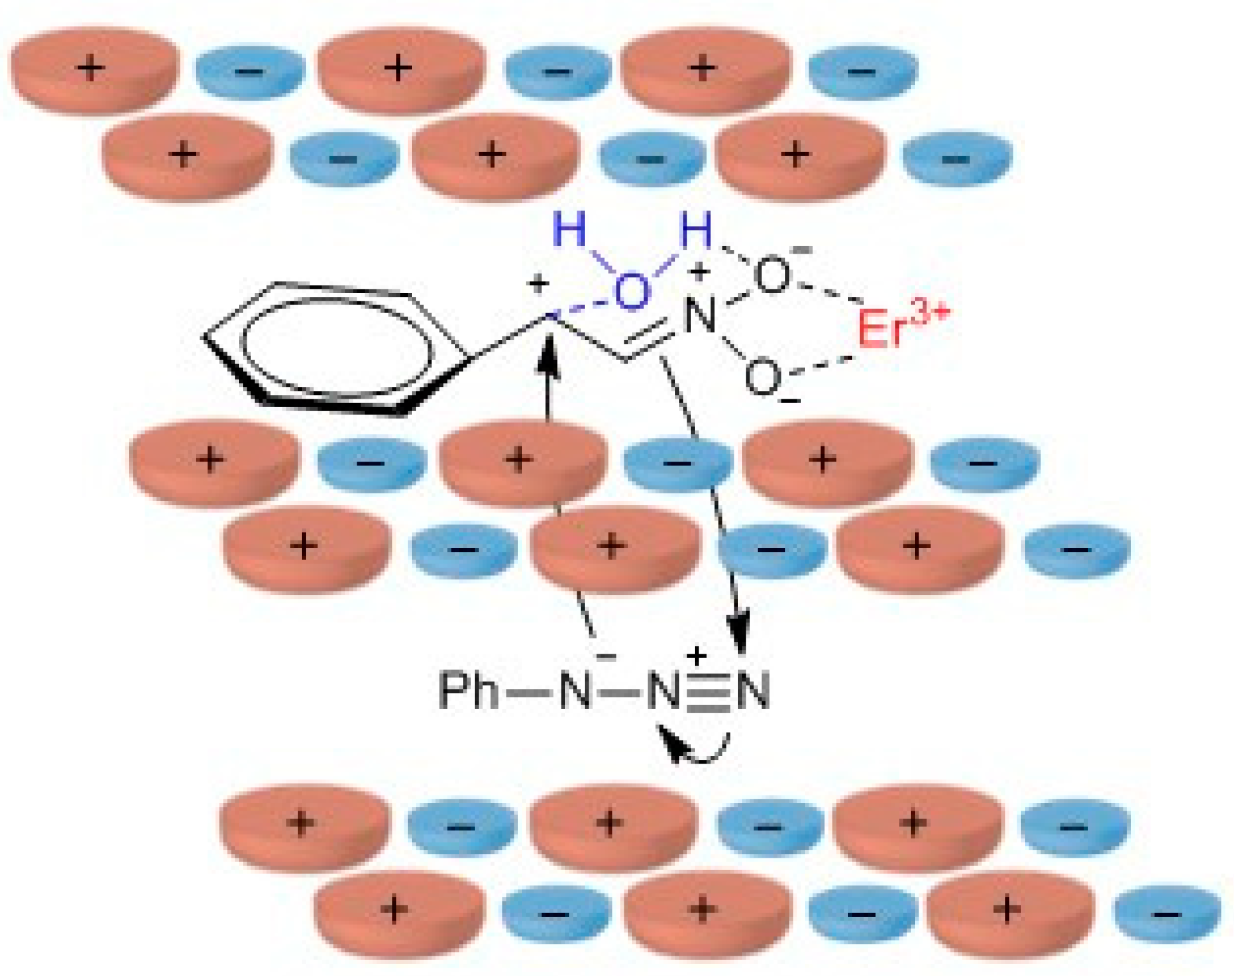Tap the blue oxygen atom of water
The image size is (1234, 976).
point(631,293)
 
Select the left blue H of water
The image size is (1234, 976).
point(570,230)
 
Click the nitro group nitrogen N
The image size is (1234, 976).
point(700,315)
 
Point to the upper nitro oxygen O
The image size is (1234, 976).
point(772,275)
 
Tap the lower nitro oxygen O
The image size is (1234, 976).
point(762,377)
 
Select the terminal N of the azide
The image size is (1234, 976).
point(754,691)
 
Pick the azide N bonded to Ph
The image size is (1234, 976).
point(575,691)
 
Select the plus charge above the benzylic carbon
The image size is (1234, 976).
point(538,284)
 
